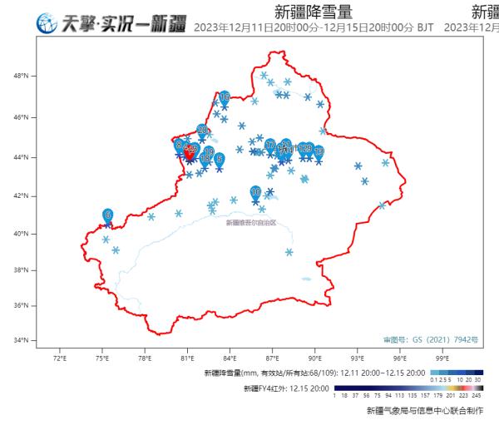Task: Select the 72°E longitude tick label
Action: pos(59,359)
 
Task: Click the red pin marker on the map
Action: pos(189,152)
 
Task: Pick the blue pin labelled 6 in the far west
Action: pos(108,215)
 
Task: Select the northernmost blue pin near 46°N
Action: pos(225,97)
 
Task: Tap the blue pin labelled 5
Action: pos(220,159)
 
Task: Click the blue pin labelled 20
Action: pos(202,131)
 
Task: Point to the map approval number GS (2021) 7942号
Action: pos(423,340)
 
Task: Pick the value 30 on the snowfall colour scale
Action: pos(478,379)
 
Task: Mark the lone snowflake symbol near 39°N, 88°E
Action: pos(289,252)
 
